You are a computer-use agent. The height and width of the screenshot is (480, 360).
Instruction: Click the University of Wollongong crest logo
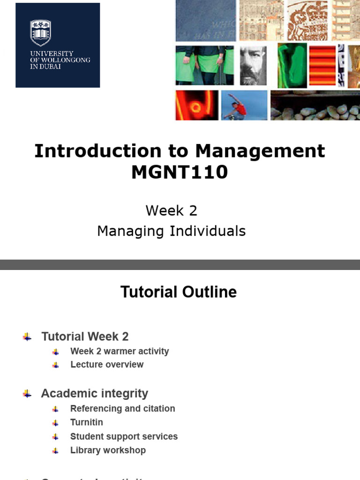pos(40,32)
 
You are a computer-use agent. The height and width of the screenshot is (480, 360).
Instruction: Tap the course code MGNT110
pos(180,172)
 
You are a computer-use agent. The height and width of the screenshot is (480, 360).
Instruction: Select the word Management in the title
pos(260,151)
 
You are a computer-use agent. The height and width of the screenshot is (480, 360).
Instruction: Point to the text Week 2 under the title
pos(171,210)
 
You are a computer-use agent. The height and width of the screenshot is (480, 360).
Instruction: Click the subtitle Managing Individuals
pos(171,231)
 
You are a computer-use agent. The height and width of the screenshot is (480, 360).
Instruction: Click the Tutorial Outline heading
pos(179,292)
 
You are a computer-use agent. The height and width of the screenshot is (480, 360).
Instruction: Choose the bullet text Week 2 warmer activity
pos(120,351)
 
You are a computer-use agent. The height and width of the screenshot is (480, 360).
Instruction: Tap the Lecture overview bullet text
pos(107,364)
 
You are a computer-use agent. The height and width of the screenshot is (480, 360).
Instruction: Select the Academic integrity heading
pos(94,393)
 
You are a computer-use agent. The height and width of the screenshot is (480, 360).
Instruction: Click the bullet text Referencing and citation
pos(122,408)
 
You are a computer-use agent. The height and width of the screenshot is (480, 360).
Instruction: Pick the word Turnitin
pos(86,422)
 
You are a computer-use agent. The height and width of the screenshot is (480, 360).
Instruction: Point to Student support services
pos(124,436)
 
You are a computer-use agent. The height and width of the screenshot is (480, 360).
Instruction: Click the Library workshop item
pos(108,450)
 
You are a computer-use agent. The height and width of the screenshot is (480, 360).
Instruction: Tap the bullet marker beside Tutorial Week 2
pos(27,337)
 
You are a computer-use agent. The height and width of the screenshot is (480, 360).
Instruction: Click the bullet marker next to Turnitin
pos(55,423)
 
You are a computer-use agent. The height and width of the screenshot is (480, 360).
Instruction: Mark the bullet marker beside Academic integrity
pos(27,394)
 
